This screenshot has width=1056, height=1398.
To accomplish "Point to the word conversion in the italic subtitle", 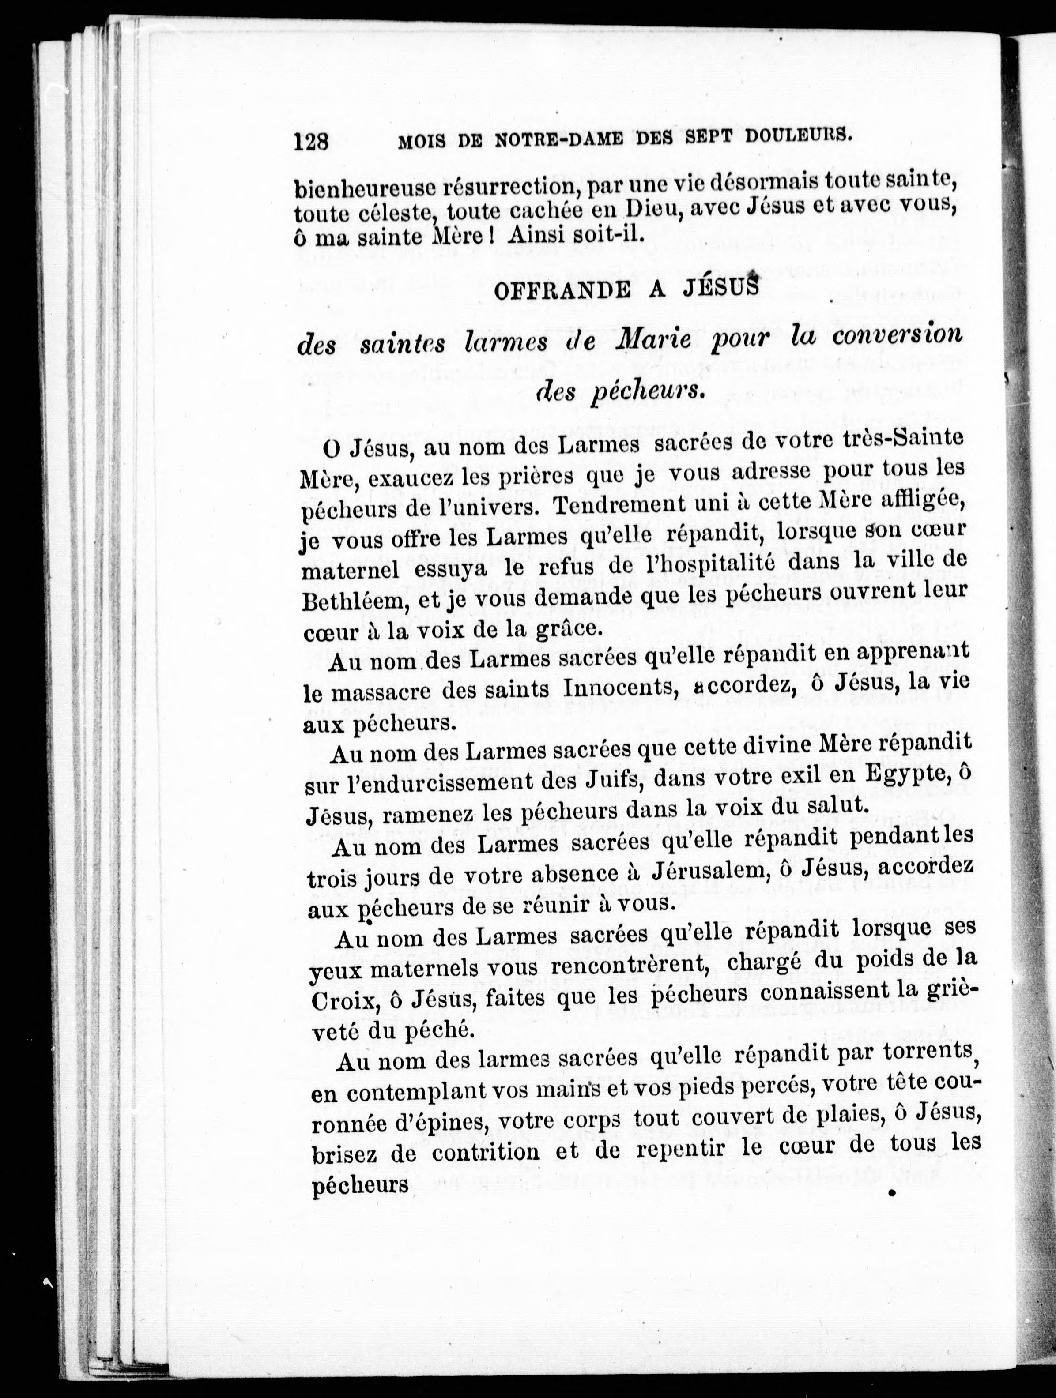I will click(897, 334).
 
